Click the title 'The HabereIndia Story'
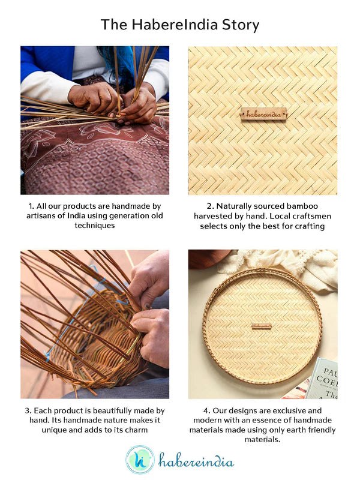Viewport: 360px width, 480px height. pos(180,25)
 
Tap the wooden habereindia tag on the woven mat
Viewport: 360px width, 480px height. pos(263,113)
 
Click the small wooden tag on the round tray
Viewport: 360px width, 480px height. pos(262,326)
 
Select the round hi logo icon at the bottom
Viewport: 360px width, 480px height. pos(140,460)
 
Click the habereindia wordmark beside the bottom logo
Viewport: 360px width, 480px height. pos(196,461)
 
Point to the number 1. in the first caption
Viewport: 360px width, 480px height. pos(31,205)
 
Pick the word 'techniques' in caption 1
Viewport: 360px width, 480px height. pos(95,225)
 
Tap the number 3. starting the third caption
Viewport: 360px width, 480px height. pos(28,410)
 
